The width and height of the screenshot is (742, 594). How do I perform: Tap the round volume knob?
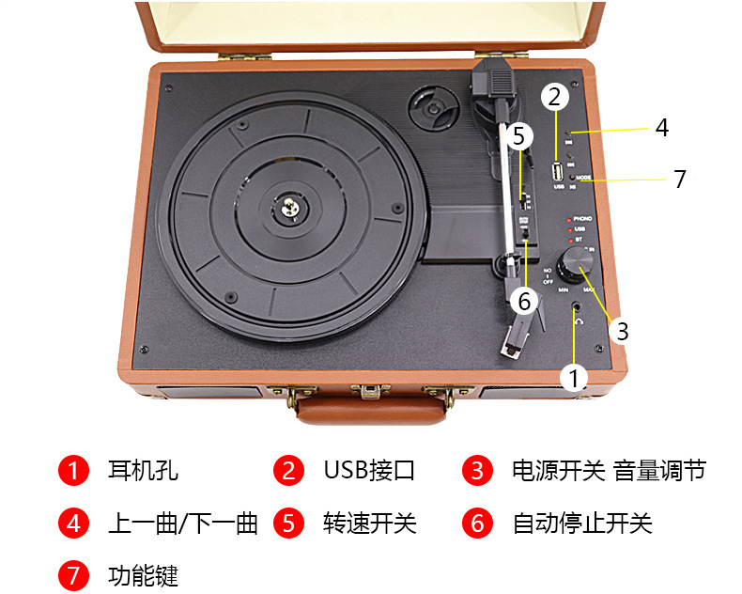570,267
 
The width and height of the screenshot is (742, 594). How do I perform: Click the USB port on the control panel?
558,172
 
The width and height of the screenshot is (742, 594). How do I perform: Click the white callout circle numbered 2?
555,97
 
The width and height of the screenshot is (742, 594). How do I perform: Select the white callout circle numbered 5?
519,136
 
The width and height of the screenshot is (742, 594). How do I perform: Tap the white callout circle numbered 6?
524,300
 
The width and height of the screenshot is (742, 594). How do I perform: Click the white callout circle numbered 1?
574,378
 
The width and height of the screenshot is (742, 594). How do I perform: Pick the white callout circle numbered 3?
622,331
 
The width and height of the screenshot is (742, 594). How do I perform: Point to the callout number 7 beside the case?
680,179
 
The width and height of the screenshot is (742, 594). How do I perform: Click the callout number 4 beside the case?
662,128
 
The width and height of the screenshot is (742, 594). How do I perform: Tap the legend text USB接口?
368,470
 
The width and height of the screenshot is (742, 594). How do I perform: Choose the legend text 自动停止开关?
581,523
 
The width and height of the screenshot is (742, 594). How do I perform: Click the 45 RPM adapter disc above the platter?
434,111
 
